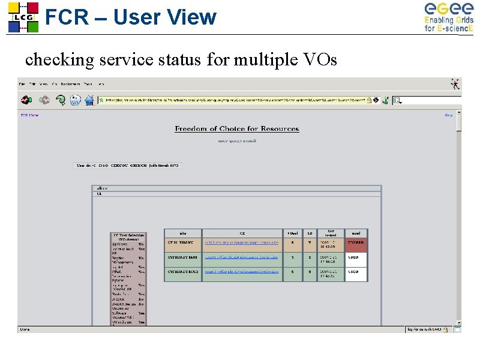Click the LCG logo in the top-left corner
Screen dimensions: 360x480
(23, 17)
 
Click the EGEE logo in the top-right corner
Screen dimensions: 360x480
(448, 17)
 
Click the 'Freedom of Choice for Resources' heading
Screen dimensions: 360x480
(236, 128)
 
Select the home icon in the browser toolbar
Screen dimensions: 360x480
(89, 100)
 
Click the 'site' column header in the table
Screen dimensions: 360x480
(182, 233)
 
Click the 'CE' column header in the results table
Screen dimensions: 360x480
(242, 233)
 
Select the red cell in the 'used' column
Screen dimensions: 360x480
(355, 245)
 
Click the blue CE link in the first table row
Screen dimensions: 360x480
(241, 243)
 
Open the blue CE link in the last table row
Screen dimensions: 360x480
(241, 272)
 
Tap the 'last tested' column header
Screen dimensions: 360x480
(331, 233)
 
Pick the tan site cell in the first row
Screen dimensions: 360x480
(182, 245)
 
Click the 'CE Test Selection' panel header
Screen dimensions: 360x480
(127, 237)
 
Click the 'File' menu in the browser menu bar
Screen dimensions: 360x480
(22, 83)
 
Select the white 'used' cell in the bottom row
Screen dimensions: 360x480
(355, 274)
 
